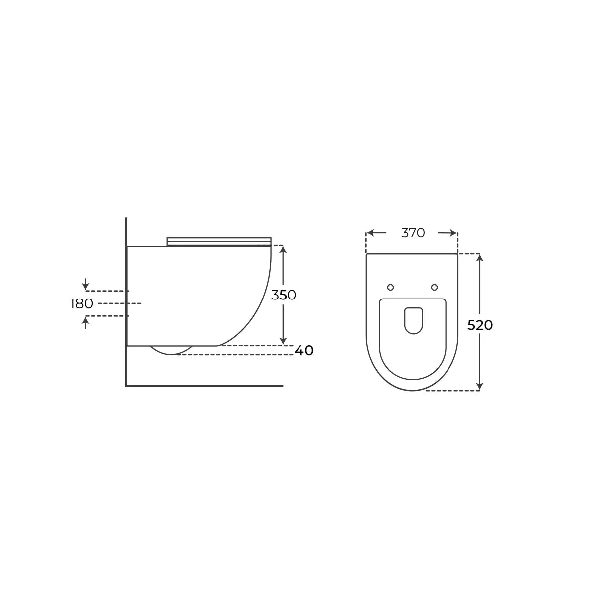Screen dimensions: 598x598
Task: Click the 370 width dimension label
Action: (x=413, y=233)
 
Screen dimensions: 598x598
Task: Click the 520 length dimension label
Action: (x=480, y=325)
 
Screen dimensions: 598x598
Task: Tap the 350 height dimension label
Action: (x=284, y=295)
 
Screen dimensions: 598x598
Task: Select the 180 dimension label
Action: (x=82, y=304)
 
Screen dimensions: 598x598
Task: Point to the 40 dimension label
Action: (x=304, y=351)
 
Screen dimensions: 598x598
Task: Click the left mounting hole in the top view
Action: (x=390, y=288)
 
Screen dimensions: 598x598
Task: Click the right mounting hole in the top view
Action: (x=434, y=288)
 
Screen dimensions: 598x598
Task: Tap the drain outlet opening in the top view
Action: (x=413, y=321)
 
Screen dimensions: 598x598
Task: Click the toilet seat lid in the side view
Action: (x=219, y=242)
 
